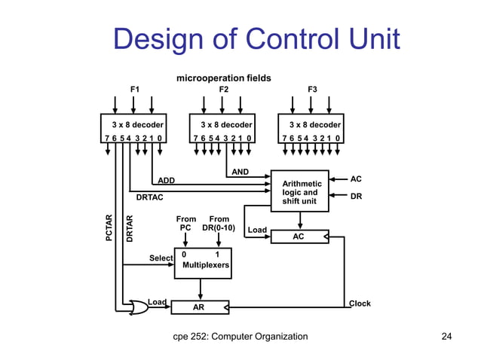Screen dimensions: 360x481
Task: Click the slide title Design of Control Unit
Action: click(x=256, y=39)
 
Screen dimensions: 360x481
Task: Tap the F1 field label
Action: click(x=135, y=90)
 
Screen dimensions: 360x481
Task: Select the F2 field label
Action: click(x=224, y=90)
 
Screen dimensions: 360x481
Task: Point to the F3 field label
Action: click(x=312, y=90)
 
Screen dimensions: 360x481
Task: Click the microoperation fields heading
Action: click(x=224, y=78)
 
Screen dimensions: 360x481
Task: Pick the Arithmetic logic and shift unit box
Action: click(x=301, y=192)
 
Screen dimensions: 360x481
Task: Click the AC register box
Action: click(x=299, y=236)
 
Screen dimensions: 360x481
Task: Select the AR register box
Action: click(x=199, y=307)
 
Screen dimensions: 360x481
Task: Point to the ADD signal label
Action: click(x=166, y=181)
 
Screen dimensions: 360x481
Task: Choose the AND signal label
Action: click(x=240, y=172)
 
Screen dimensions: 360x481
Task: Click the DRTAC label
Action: click(x=149, y=198)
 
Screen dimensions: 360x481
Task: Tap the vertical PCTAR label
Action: click(x=109, y=229)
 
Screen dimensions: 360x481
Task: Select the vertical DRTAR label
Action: click(x=130, y=229)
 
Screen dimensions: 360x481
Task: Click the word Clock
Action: click(x=360, y=304)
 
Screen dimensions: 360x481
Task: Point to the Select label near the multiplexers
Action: click(x=161, y=258)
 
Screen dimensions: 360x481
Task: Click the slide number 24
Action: click(x=446, y=337)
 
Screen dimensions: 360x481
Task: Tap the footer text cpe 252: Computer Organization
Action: click(x=240, y=337)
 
